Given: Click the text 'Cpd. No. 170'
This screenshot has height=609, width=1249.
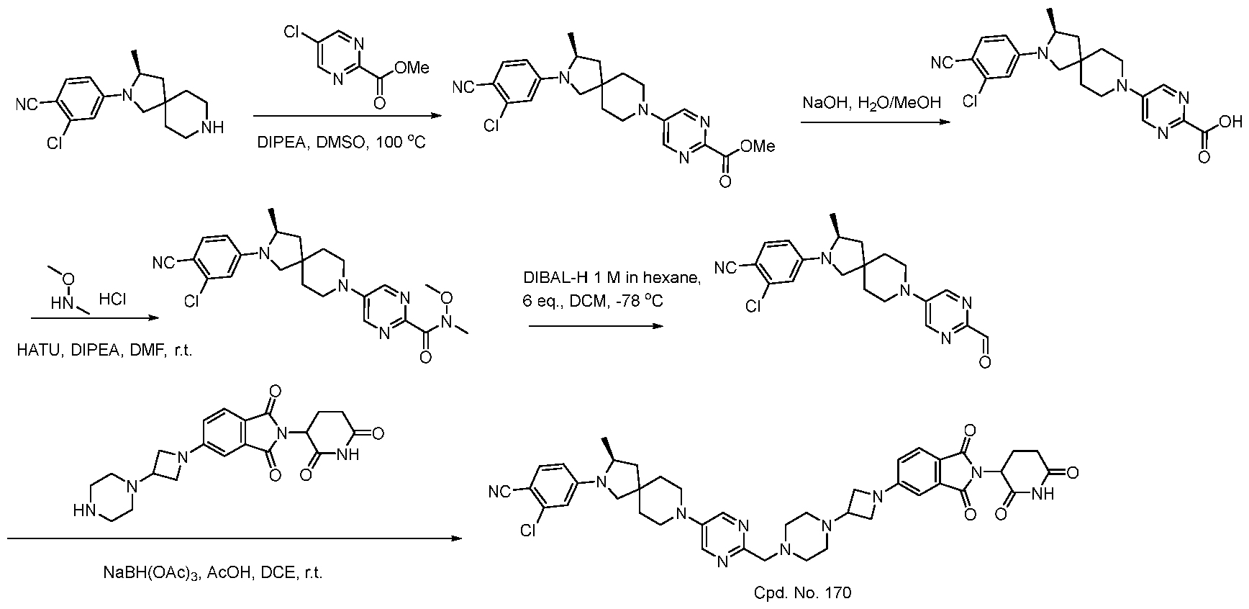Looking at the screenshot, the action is [802, 592].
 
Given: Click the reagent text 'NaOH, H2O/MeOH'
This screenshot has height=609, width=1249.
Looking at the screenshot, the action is [871, 103].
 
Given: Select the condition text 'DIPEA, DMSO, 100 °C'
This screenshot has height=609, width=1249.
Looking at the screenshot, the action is [342, 143].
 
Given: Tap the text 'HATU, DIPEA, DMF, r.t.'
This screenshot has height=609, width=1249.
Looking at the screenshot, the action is [105, 351].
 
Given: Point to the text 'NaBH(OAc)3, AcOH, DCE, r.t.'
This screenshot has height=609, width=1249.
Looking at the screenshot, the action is [213, 574].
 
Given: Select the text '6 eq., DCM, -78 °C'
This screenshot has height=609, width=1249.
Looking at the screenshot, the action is [593, 301].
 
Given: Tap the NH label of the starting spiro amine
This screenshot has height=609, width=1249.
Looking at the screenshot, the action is [214, 127].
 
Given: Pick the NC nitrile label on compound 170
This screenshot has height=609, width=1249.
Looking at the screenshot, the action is [499, 492].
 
